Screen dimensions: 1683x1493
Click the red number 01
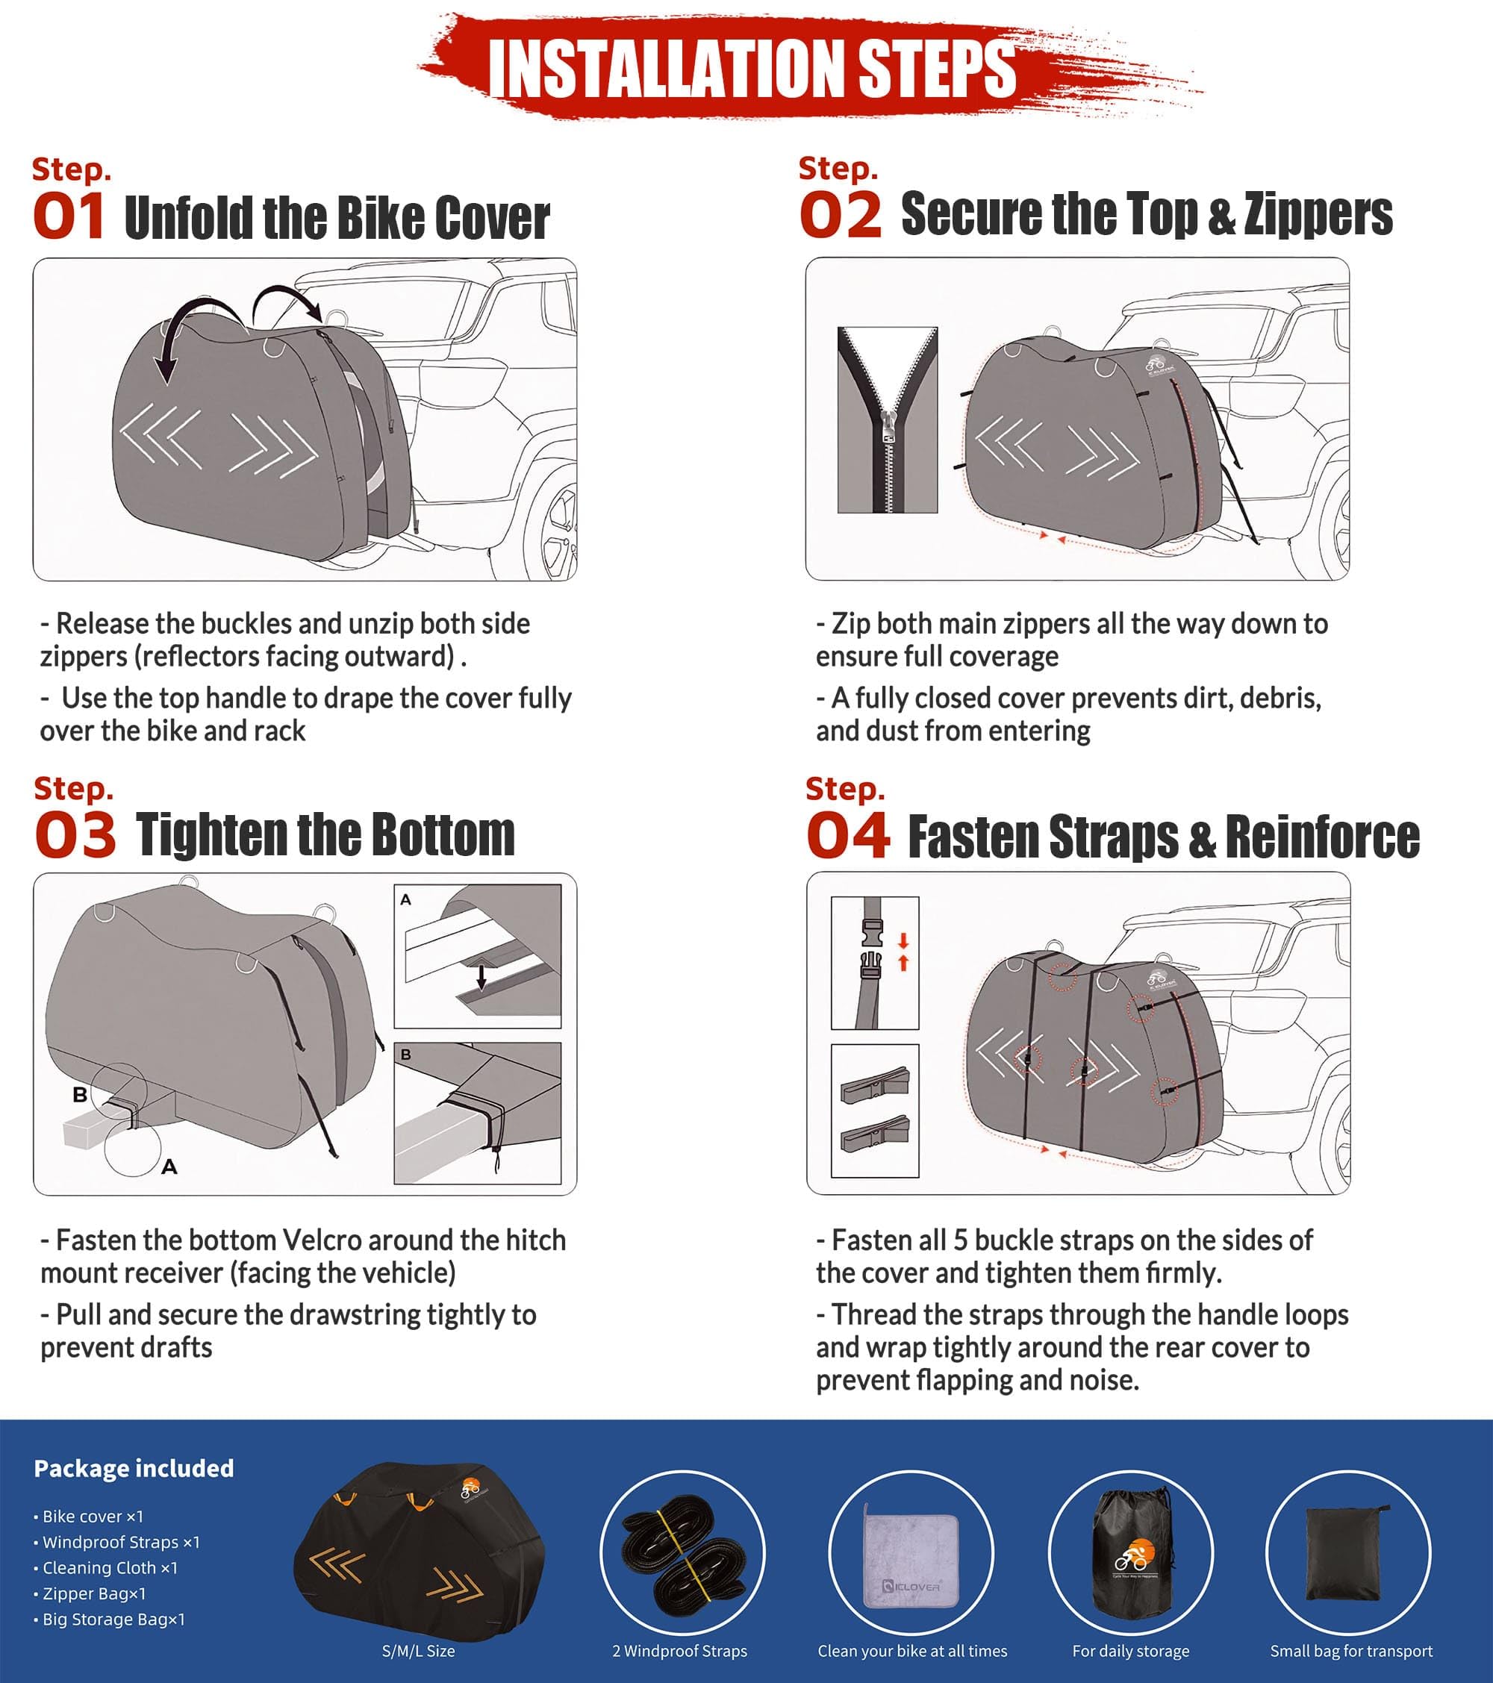coord(69,216)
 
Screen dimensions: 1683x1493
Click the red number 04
coord(847,835)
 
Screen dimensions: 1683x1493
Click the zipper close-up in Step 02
coord(887,420)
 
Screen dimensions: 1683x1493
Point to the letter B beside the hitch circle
coord(80,1094)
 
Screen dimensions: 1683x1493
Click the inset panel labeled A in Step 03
coord(478,956)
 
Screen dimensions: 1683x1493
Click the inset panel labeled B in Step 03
coord(478,1114)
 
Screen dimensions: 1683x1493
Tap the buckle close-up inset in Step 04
coord(875,963)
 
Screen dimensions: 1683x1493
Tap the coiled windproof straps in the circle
coord(682,1553)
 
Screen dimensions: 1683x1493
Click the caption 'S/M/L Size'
coord(418,1651)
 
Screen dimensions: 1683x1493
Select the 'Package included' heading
coord(134,1468)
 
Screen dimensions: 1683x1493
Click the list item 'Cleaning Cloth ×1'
coord(110,1568)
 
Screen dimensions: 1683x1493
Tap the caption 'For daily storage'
coord(1130,1651)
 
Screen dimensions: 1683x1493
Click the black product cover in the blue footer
coord(418,1552)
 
